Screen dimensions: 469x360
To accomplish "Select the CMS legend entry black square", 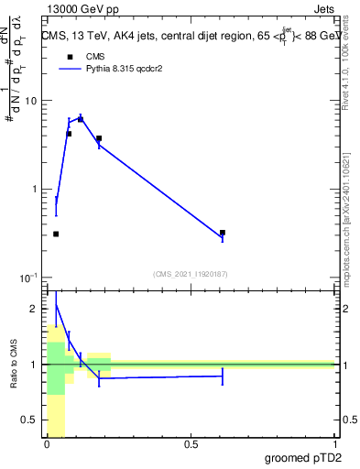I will (x=69, y=56).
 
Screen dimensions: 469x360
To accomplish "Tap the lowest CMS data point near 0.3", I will (x=56, y=234).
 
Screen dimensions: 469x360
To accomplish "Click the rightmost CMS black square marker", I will (x=223, y=233).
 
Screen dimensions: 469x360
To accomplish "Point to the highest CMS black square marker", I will (x=81, y=119).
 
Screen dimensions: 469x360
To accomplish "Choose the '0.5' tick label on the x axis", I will (x=191, y=444).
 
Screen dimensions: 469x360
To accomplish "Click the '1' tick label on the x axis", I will (x=333, y=444).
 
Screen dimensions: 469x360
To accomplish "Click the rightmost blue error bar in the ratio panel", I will (x=223, y=376).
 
